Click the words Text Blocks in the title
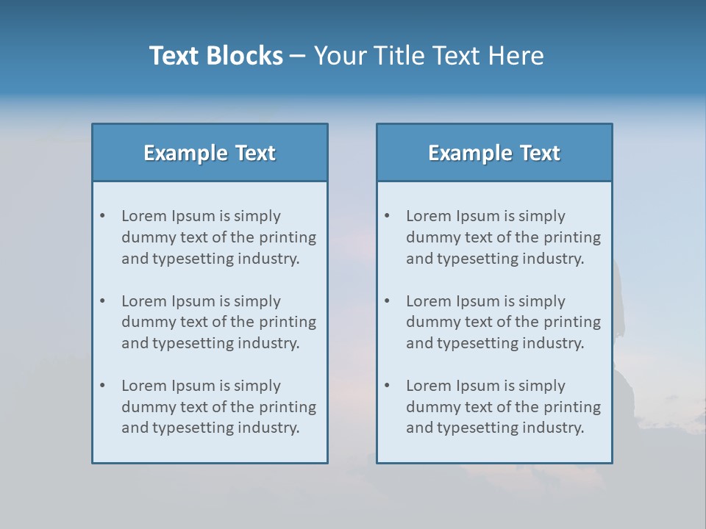coord(215,56)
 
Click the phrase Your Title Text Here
coord(429,56)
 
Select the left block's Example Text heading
coord(210,153)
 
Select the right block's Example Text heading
coord(494,153)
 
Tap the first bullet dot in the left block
coord(102,216)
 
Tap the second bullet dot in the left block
coord(102,301)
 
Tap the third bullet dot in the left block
coord(102,386)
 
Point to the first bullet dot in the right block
coord(387,216)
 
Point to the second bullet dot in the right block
coord(387,301)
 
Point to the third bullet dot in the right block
coord(387,386)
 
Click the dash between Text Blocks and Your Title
coord(298,57)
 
